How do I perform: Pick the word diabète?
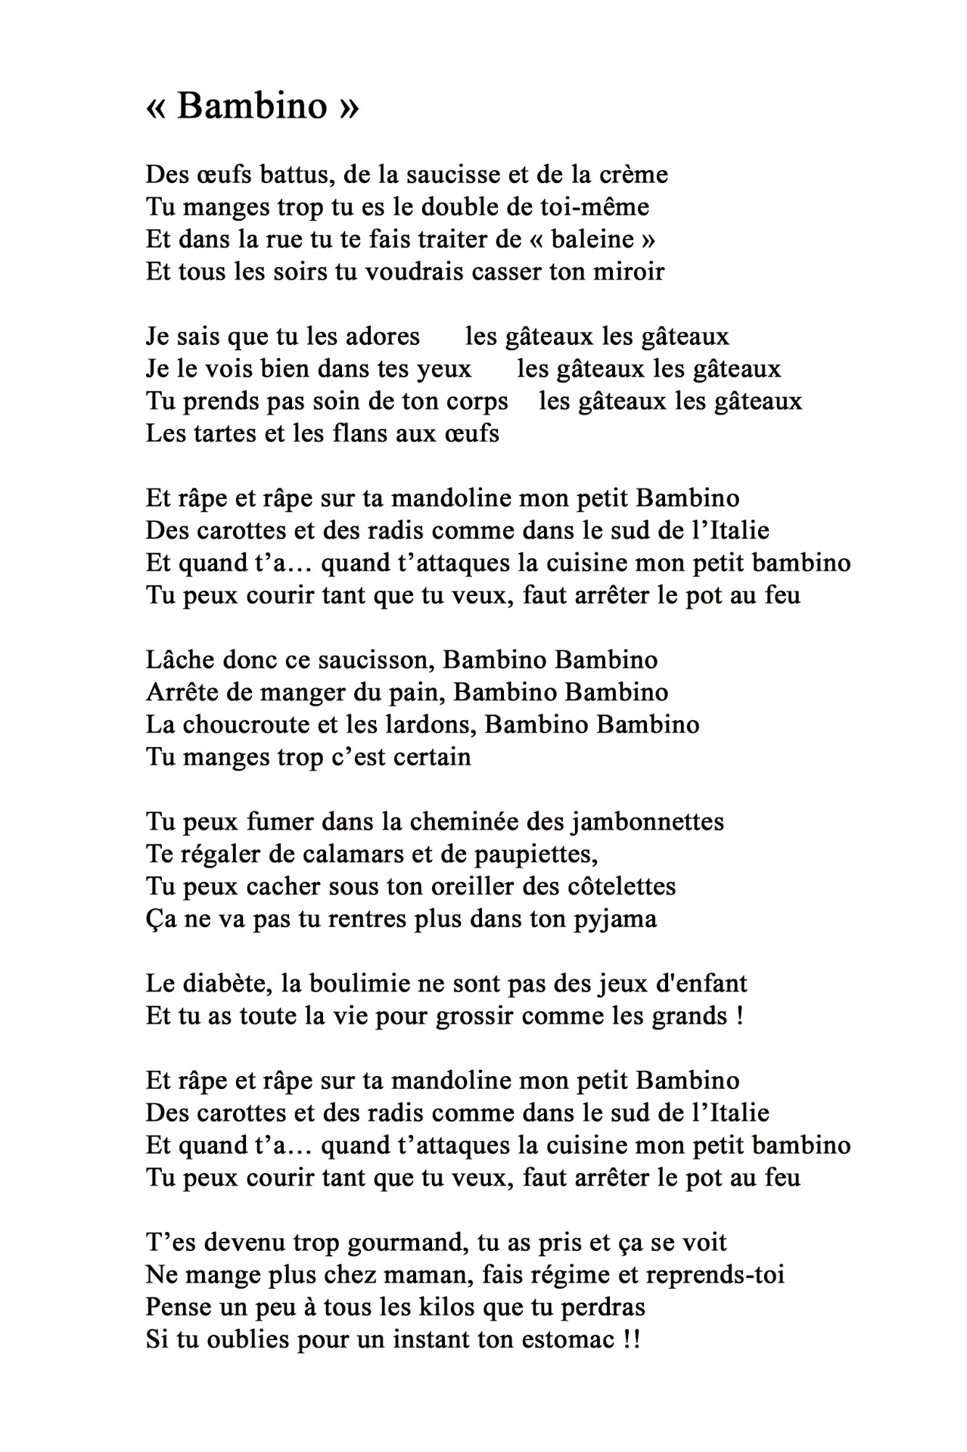coord(227,984)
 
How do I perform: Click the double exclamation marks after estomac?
coord(632,1340)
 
